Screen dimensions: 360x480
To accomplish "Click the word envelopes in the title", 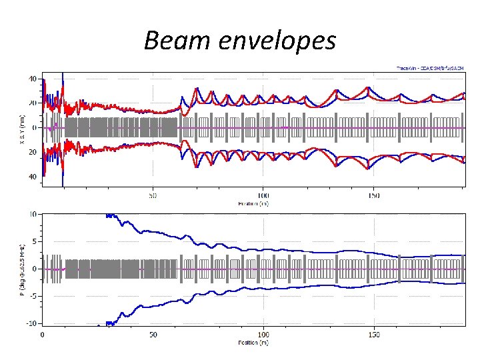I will (274, 41).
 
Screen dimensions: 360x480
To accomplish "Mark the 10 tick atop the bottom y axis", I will (33, 215).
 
